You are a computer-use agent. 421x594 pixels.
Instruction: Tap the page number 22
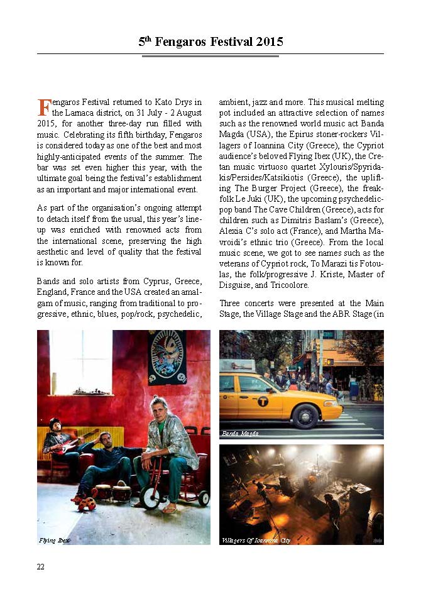pos(41,567)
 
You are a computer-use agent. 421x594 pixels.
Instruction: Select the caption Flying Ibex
pos(54,541)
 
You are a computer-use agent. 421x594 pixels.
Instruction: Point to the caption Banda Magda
pos(240,433)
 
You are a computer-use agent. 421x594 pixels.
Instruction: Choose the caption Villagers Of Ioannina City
pos(256,541)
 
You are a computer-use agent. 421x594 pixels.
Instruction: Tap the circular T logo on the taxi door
pos(262,400)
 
